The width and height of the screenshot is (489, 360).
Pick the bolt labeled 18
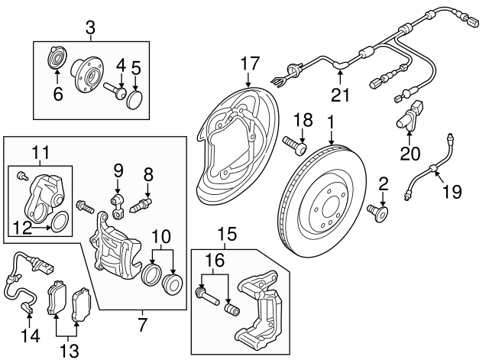(294, 144)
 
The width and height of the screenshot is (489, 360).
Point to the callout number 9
(118, 169)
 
